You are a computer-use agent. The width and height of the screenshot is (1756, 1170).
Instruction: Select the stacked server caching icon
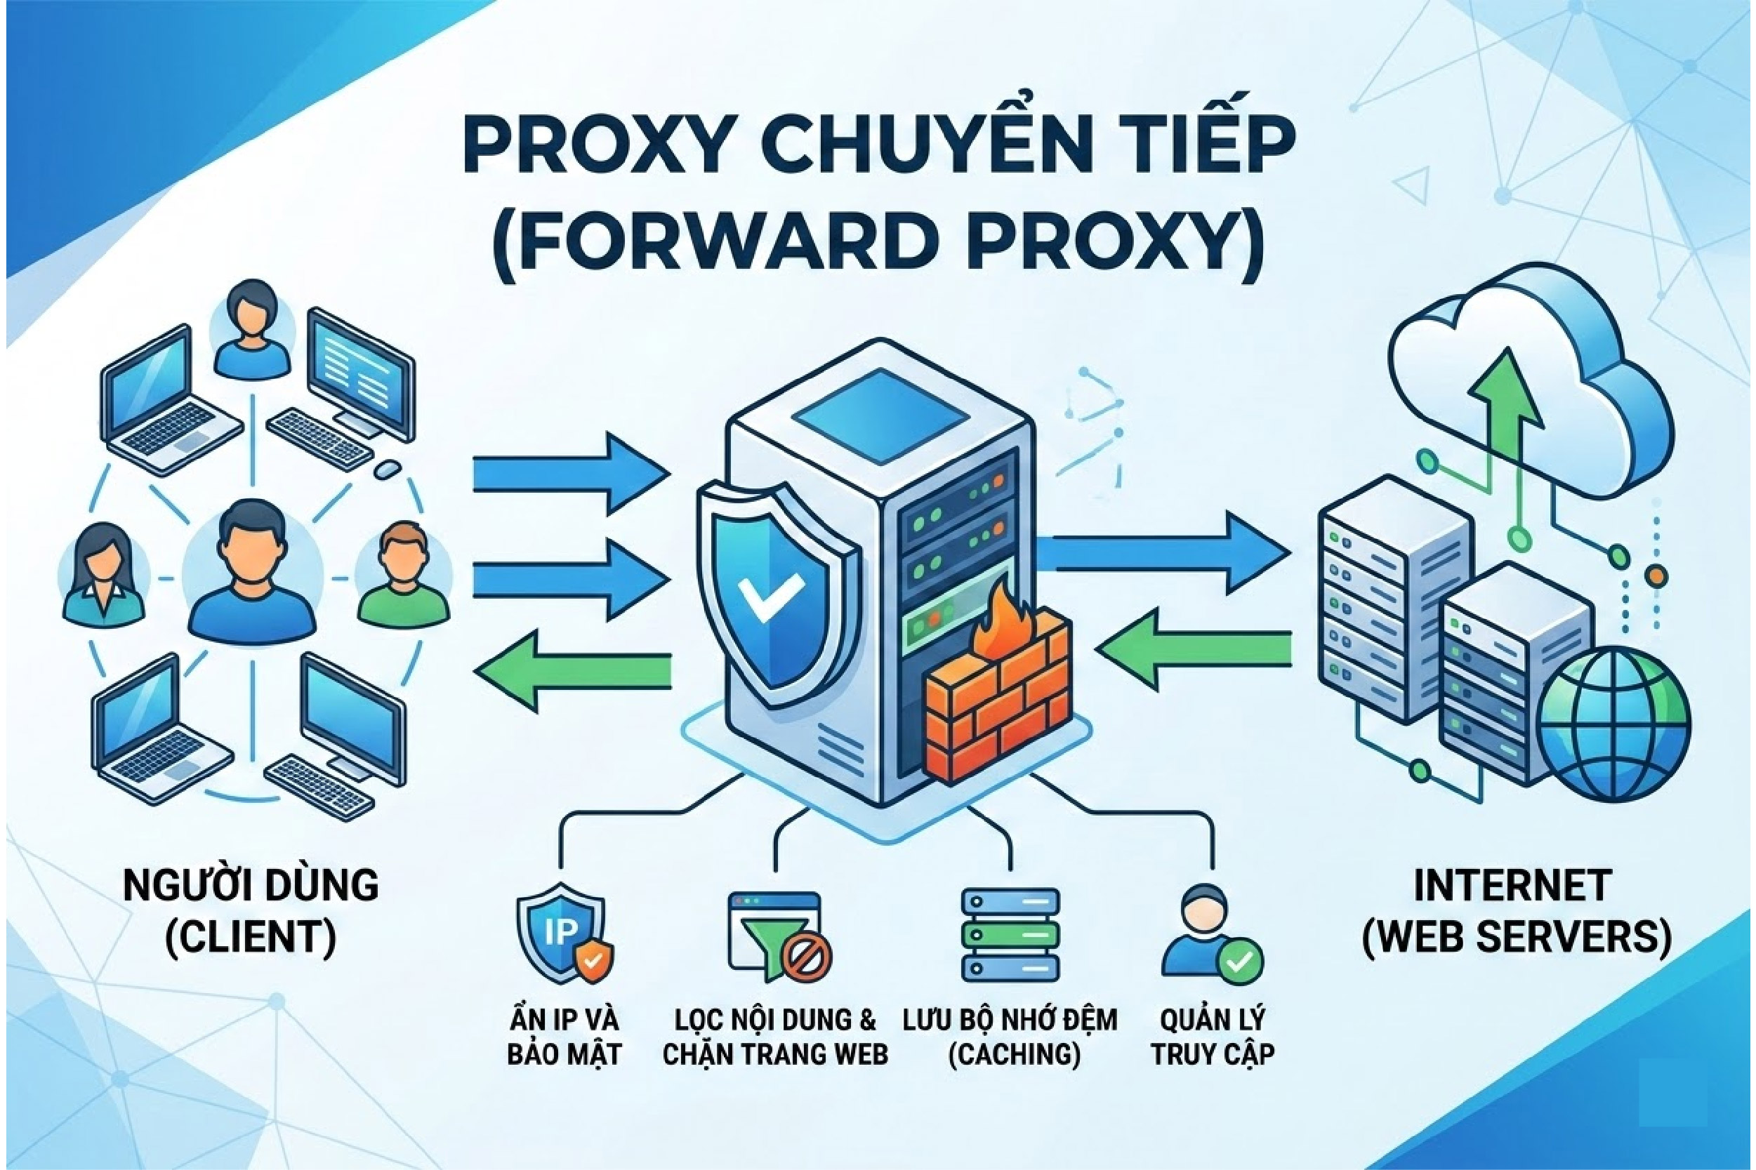[x=1010, y=934]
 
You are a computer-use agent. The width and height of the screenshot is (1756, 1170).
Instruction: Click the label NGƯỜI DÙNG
[x=251, y=886]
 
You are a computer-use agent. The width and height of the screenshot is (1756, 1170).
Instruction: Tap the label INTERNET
[x=1512, y=886]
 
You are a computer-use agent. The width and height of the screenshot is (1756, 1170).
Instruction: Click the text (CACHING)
[x=1014, y=1054]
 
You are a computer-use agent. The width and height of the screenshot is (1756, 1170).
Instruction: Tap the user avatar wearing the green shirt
[x=403, y=575]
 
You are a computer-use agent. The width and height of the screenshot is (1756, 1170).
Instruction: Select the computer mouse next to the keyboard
[x=388, y=470]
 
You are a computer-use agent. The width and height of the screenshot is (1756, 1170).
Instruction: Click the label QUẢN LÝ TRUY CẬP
[x=1212, y=1037]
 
